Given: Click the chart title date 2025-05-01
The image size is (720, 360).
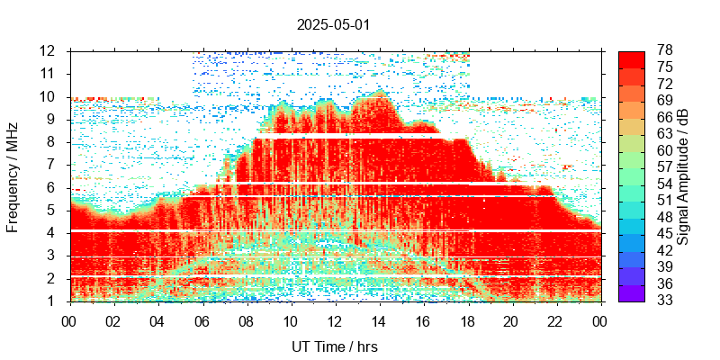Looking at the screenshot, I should [333, 24].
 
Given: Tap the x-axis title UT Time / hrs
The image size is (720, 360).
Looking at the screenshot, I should [333, 346].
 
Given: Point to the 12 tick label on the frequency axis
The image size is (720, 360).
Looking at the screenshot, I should [49, 50].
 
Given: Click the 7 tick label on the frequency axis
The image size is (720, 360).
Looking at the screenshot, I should [53, 165].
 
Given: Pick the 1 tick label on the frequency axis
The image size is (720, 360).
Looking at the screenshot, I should [53, 301].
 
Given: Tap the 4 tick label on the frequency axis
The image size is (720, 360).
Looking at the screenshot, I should [53, 233].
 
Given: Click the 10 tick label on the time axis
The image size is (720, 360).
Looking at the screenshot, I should [290, 320].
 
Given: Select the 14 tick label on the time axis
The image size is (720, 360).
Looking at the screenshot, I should [378, 320].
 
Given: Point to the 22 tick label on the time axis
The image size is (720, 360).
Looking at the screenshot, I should [555, 320].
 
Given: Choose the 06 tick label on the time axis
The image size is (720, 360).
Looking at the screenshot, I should [202, 320].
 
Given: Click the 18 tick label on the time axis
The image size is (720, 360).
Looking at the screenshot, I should [467, 320].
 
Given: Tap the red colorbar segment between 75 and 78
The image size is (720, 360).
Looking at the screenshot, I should [632, 58].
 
